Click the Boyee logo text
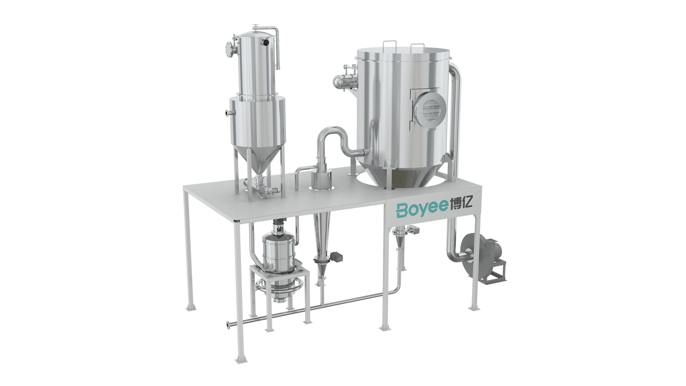(422, 209)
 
